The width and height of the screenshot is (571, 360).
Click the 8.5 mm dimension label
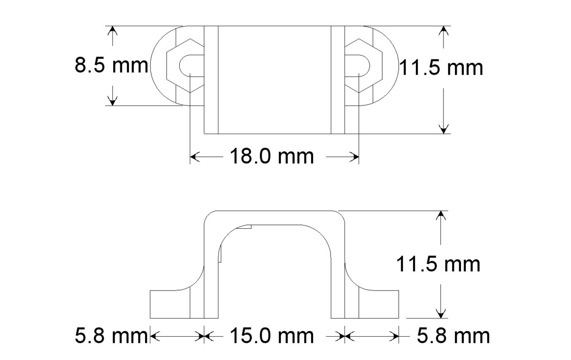coord(111,66)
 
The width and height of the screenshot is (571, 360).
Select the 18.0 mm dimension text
coord(272,156)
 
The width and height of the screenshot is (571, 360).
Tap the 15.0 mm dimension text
coord(272,336)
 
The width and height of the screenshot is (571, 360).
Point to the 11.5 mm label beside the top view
coord(441,68)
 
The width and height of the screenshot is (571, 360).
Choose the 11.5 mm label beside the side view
coord(438,264)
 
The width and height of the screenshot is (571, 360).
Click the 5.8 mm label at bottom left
coord(111,336)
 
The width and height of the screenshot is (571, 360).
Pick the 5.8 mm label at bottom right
coord(453,336)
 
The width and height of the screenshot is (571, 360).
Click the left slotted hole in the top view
coord(192,66)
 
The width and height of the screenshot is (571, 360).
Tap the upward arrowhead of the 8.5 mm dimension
coord(112,30)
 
